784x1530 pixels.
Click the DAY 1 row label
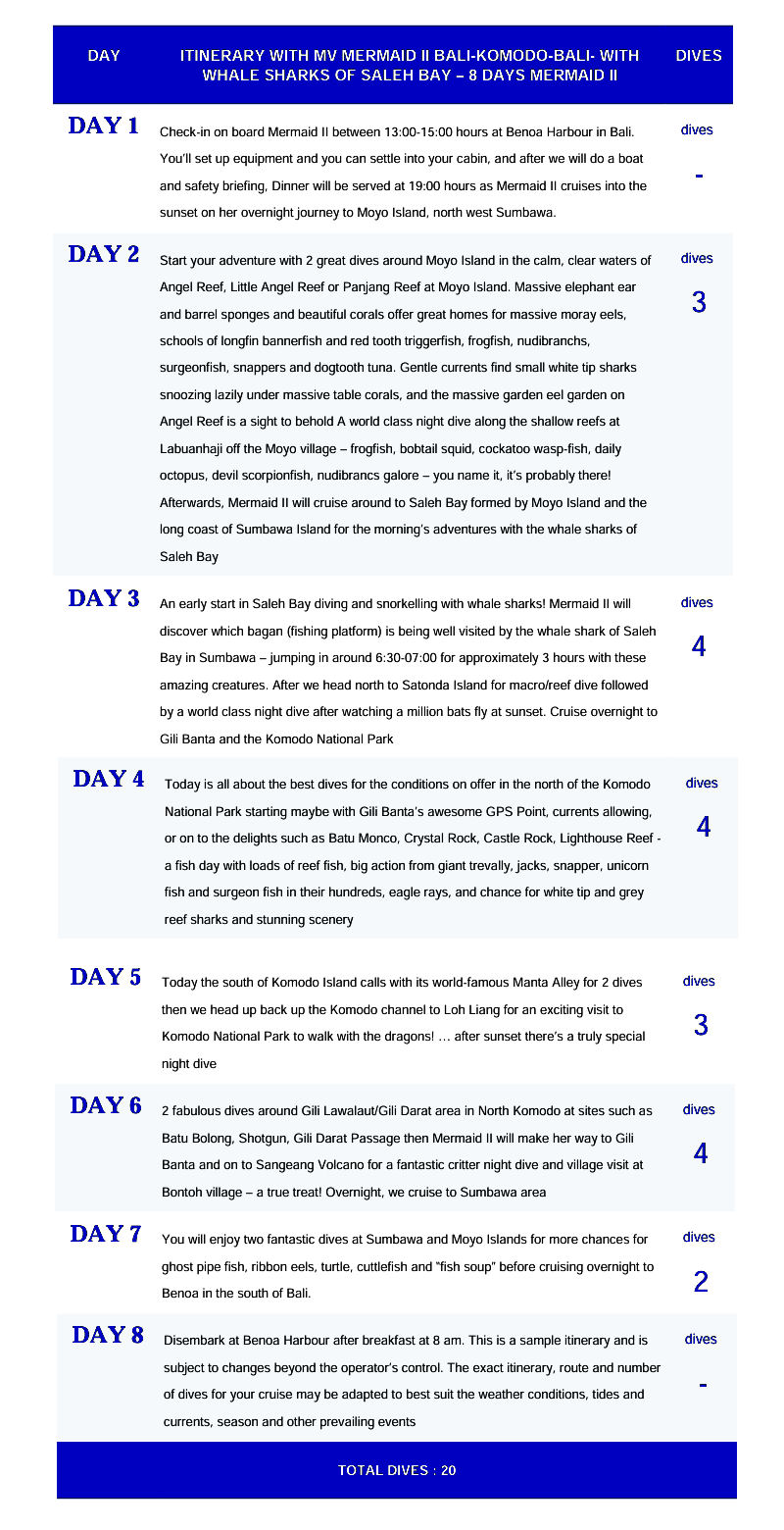click(103, 126)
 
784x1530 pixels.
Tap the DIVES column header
click(699, 56)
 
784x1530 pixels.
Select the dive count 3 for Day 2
click(699, 302)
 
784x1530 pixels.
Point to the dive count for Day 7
click(701, 1281)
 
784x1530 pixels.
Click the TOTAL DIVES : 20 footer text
click(397, 1470)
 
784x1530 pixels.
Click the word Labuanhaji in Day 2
click(193, 448)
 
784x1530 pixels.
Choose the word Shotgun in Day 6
click(258, 1138)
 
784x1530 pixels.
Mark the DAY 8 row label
click(108, 1335)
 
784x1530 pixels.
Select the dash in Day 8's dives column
click(701, 1384)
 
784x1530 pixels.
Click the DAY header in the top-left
click(104, 56)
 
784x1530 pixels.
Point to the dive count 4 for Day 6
click(701, 1153)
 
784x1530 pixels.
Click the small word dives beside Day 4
click(702, 783)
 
